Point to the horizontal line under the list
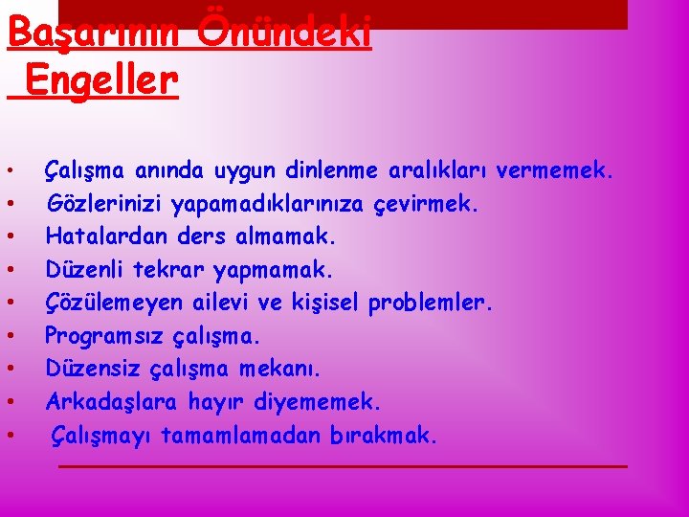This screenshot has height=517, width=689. click(343, 466)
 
